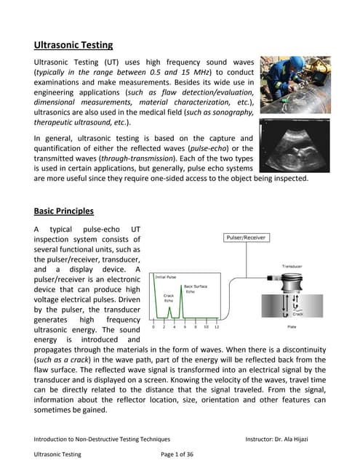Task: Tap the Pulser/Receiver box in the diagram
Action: (x=244, y=238)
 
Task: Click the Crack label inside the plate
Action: (x=298, y=315)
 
